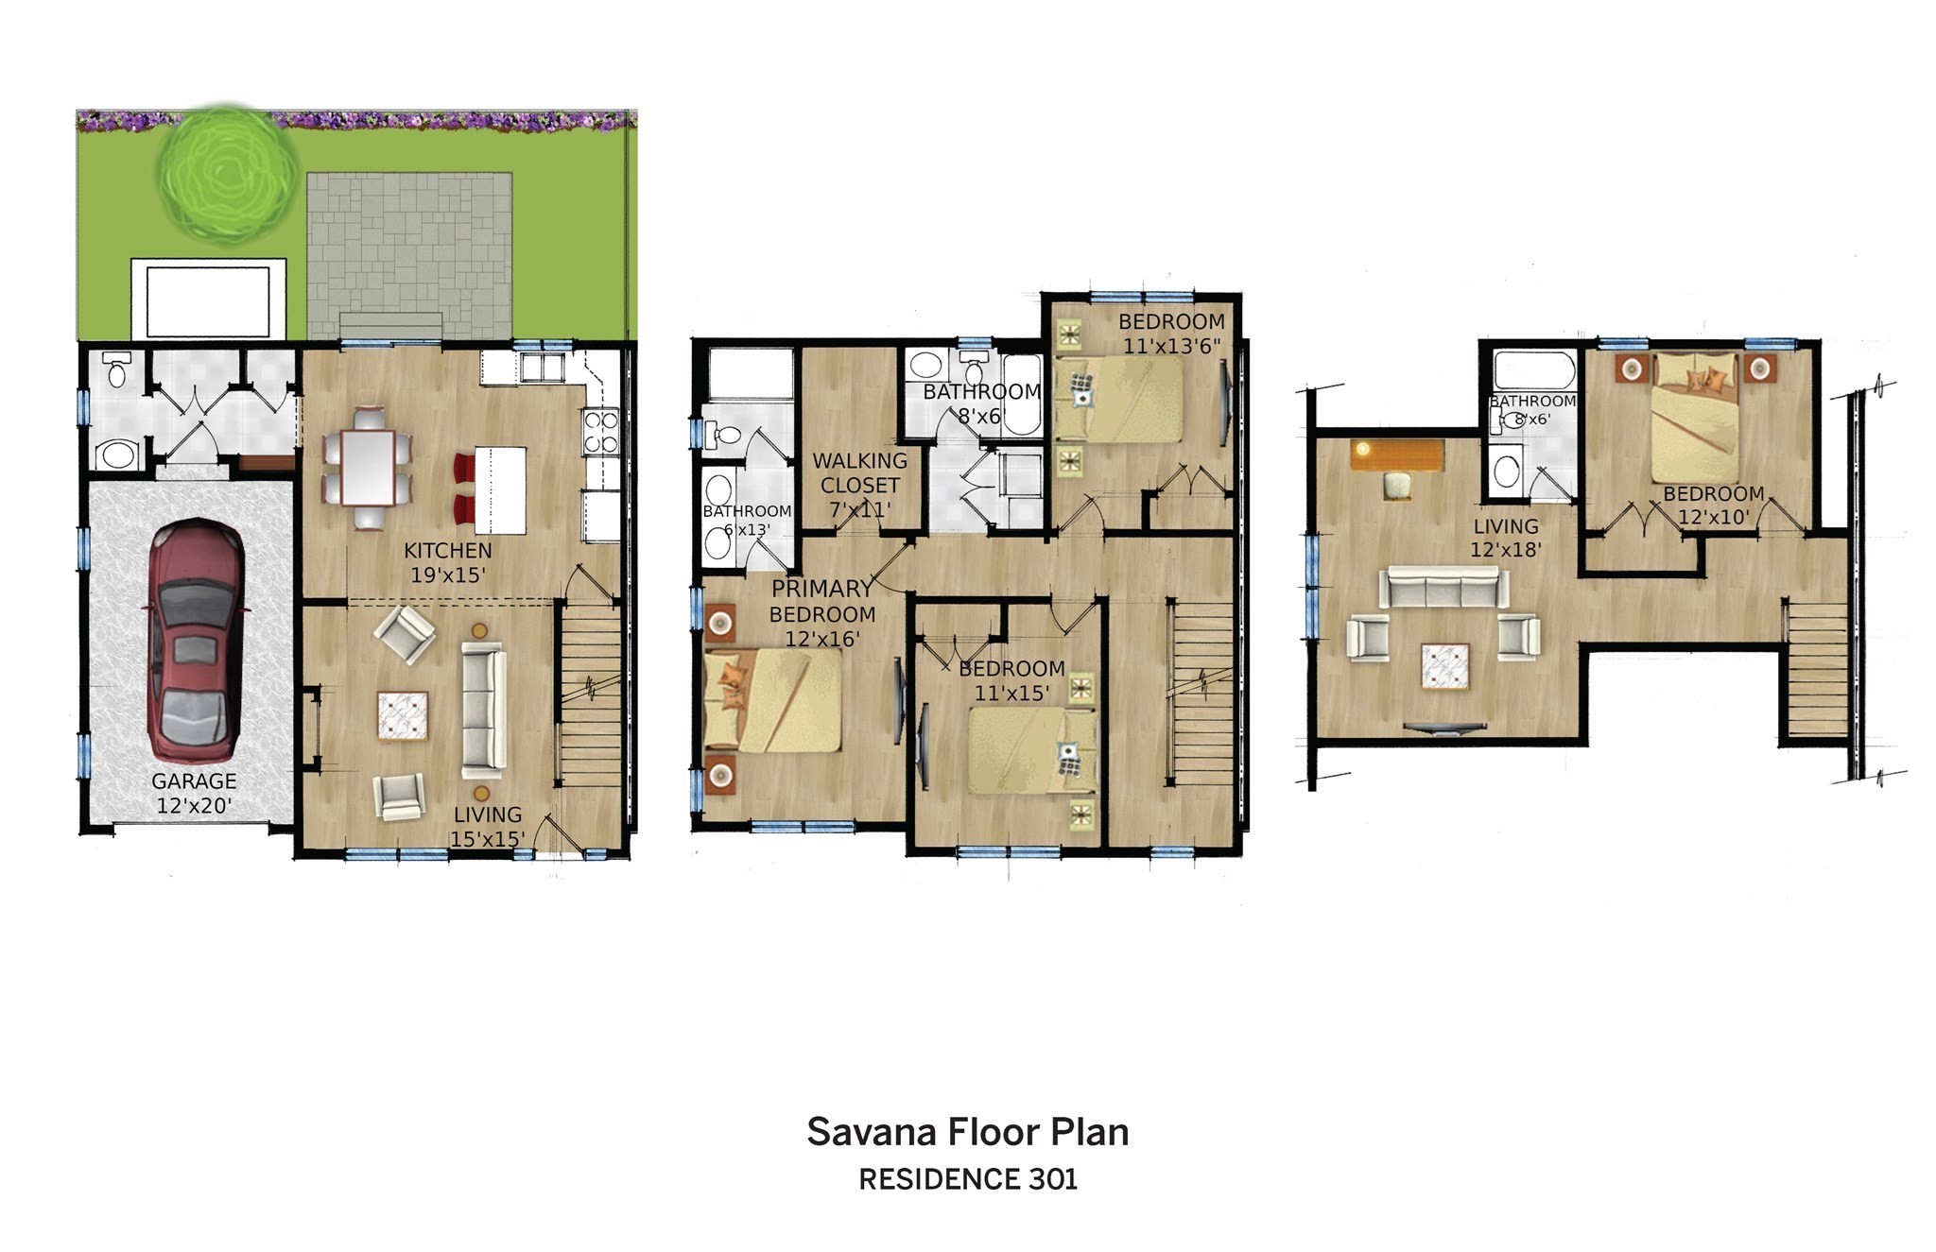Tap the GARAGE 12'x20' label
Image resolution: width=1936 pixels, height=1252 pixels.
point(194,793)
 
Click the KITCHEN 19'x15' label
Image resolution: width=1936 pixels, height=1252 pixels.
point(448,562)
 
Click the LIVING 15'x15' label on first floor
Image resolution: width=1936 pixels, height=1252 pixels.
point(487,826)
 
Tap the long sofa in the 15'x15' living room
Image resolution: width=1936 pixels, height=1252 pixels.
point(483,706)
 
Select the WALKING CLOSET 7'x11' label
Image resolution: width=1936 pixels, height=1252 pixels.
point(859,485)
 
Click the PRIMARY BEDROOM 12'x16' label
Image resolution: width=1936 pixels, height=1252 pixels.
point(821,613)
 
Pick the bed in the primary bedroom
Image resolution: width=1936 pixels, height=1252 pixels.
point(773,700)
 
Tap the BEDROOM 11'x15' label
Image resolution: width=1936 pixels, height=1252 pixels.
point(1011,680)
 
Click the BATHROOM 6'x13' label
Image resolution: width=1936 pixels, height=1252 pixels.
point(746,520)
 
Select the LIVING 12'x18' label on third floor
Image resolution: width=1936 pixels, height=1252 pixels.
point(1506,537)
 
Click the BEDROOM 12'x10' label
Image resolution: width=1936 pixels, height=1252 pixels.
point(1713,505)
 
